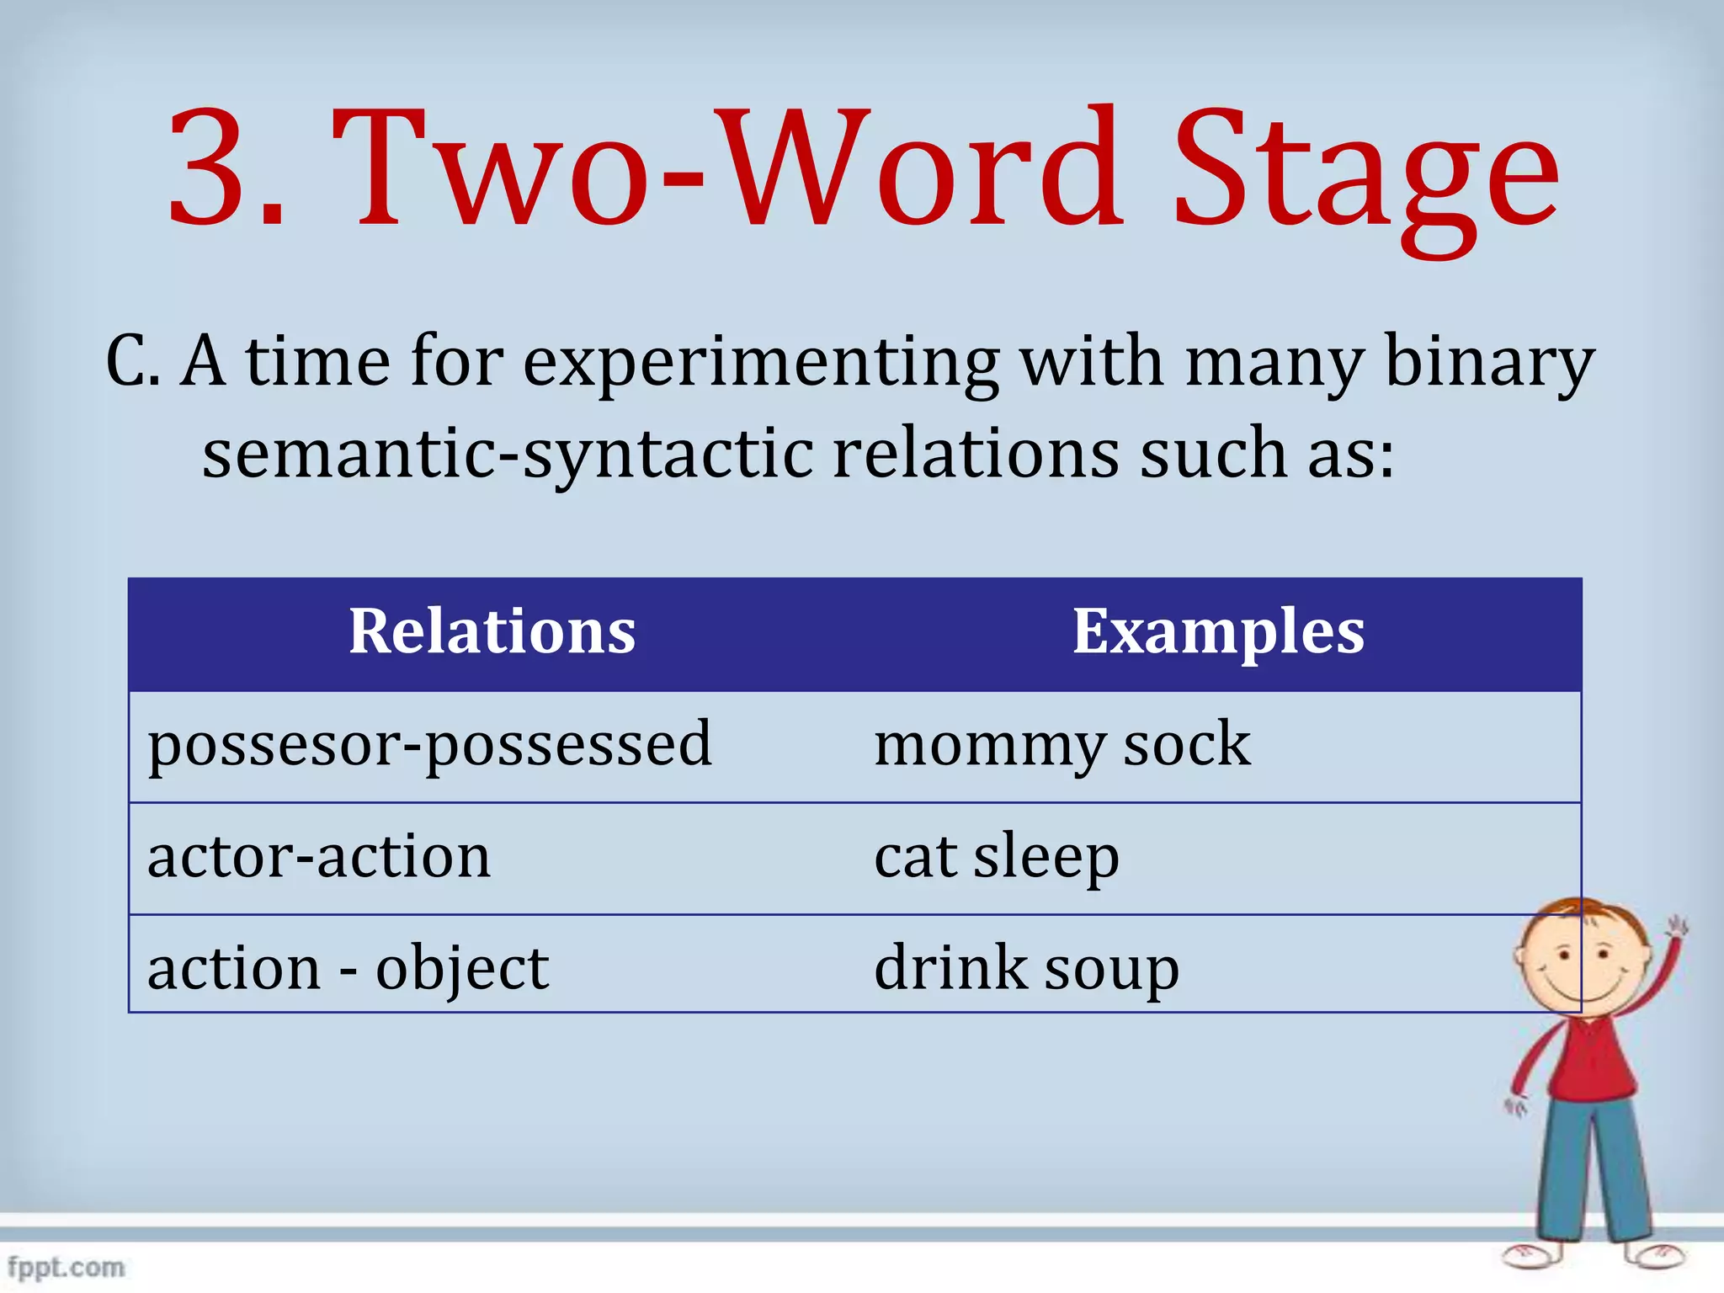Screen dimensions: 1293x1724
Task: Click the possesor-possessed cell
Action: coord(429,745)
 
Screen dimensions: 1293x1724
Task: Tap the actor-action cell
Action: coord(318,857)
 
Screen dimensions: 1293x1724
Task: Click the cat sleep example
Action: coord(997,857)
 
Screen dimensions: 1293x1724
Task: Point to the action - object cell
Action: coord(348,968)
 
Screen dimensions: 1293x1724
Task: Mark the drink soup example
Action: coord(1026,968)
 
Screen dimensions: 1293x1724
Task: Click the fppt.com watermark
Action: coord(66,1267)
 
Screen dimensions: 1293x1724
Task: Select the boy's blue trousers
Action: coord(1591,1170)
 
